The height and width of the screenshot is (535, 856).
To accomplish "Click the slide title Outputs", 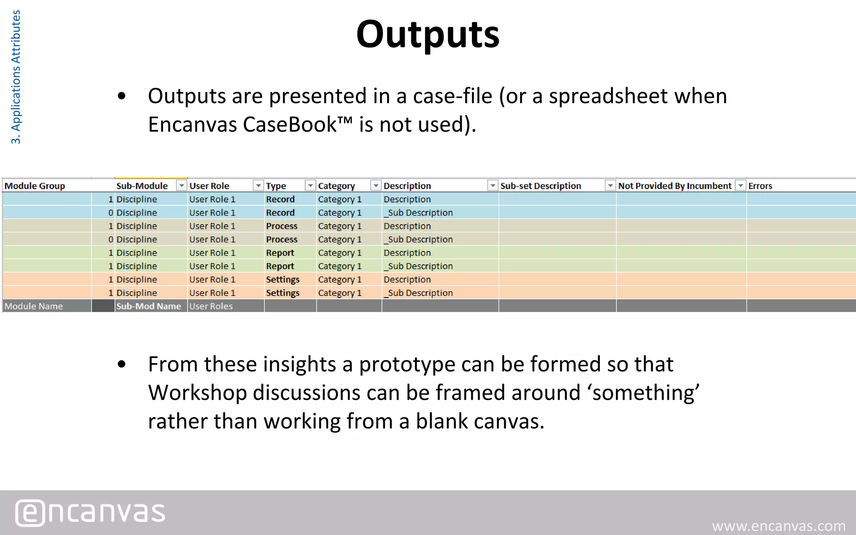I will pyautogui.click(x=428, y=34).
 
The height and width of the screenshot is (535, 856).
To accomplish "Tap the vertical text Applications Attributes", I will pyautogui.click(x=15, y=77).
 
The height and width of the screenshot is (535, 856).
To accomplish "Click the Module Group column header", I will pyautogui.click(x=35, y=186).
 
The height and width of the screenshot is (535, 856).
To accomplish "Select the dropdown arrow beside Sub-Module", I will pyautogui.click(x=181, y=186).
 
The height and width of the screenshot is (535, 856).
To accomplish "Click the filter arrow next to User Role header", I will pyautogui.click(x=258, y=186).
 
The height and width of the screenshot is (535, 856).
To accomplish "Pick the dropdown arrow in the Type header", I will pyautogui.click(x=310, y=186).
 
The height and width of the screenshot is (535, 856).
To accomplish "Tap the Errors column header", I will pyautogui.click(x=760, y=186).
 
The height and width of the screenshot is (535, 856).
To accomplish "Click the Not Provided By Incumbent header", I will pyautogui.click(x=675, y=186).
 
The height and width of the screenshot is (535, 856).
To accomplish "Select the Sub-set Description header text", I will pyautogui.click(x=540, y=186).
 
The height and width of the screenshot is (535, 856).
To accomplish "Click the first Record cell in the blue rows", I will pyautogui.click(x=280, y=199).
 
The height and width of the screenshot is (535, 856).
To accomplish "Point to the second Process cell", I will pyautogui.click(x=282, y=239).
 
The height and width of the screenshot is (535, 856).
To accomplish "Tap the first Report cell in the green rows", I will pyautogui.click(x=280, y=253).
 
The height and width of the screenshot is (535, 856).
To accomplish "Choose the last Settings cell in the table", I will pyautogui.click(x=283, y=293).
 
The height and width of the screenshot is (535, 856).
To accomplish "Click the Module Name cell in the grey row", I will pyautogui.click(x=34, y=306).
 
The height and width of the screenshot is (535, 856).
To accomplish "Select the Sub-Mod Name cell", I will pyautogui.click(x=148, y=306).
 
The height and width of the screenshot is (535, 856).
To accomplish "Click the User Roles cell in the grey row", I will pyautogui.click(x=211, y=306).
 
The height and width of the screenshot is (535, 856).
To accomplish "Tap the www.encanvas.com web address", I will pyautogui.click(x=779, y=526).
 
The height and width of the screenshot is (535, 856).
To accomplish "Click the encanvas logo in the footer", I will pyautogui.click(x=90, y=512).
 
